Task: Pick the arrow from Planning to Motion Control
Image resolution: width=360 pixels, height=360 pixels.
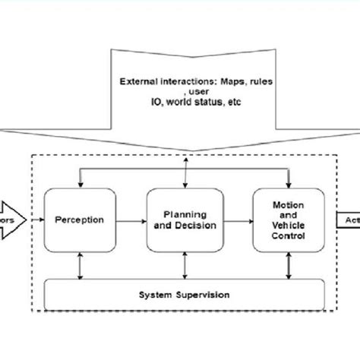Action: click(238, 221)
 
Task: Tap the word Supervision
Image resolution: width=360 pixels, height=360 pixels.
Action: click(201, 294)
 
